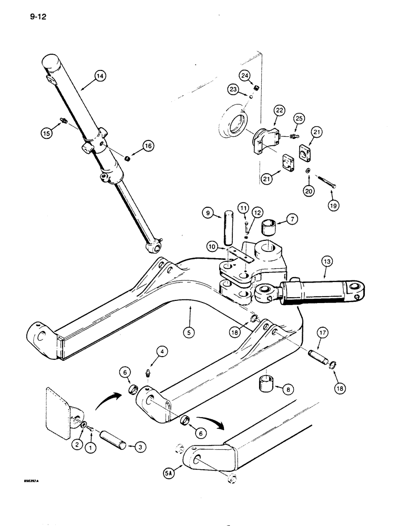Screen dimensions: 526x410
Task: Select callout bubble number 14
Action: coord(100,77)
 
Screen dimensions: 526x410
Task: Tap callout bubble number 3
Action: coord(140,447)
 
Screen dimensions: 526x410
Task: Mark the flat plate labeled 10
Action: coord(233,254)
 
